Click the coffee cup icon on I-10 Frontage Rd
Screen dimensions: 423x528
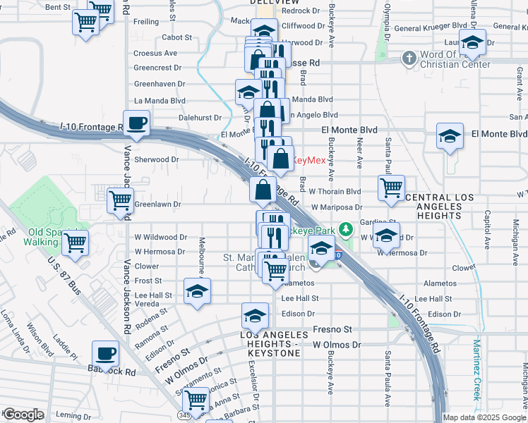[137, 123]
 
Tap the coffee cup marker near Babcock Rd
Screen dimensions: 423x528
[106, 352]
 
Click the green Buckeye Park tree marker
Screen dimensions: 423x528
[346, 229]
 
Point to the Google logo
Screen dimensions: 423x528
[23, 415]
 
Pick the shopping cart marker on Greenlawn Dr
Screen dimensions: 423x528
[120, 201]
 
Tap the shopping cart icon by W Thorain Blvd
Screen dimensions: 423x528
[391, 188]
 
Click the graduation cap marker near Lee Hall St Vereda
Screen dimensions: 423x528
[197, 291]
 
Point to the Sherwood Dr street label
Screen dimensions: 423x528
[157, 159]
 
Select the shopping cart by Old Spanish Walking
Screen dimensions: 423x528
[75, 244]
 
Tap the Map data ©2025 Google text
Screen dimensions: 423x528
[485, 417]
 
